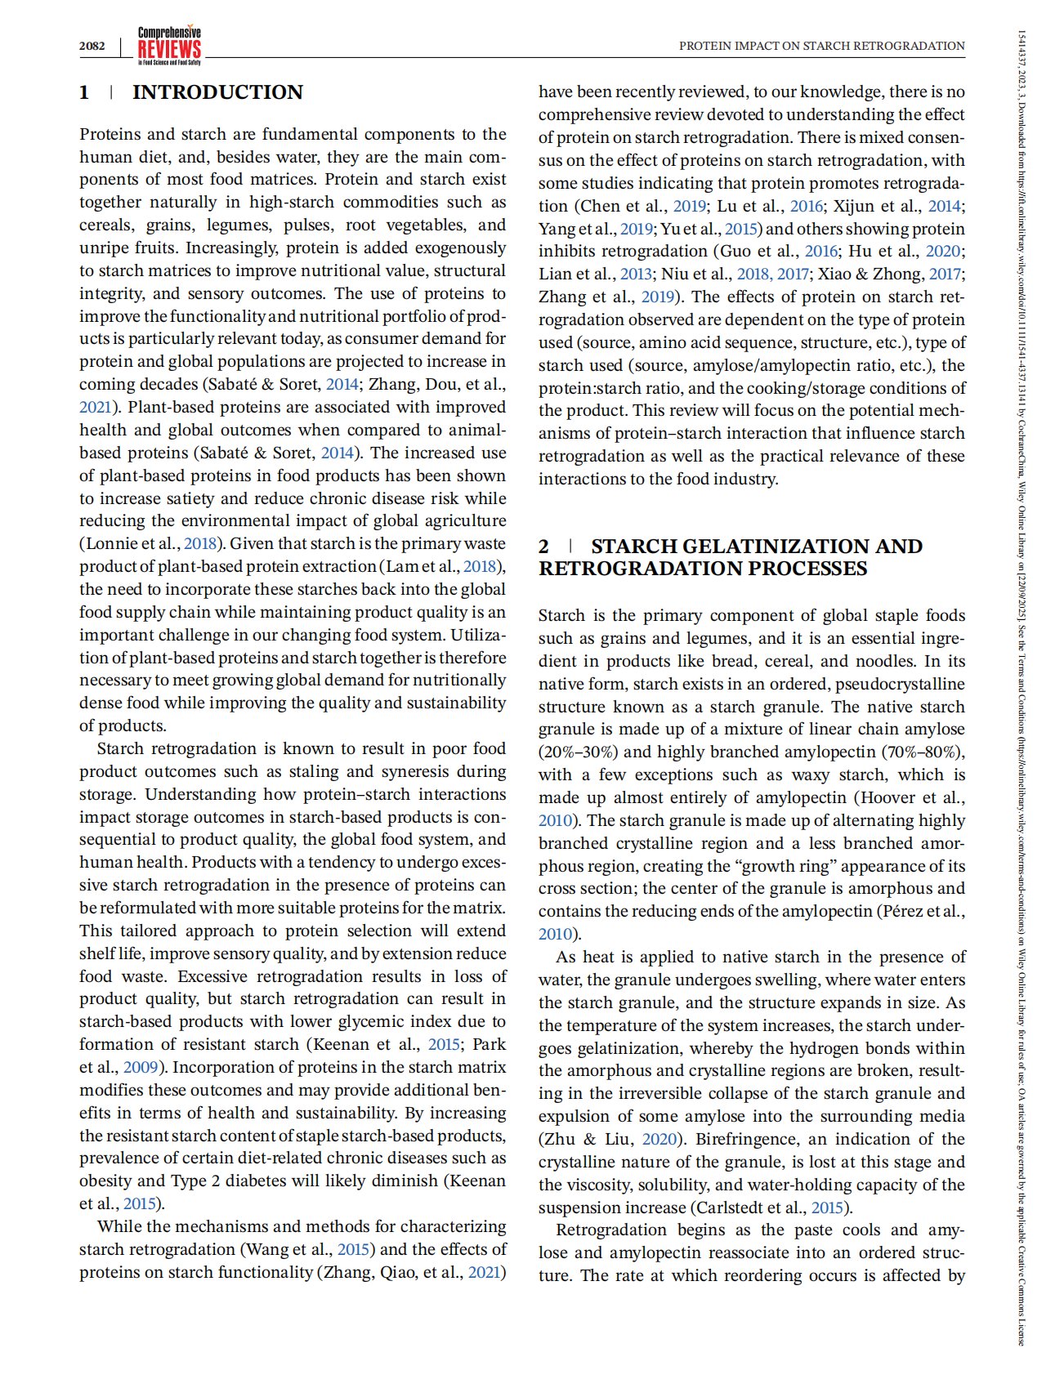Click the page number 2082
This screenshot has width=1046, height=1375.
click(92, 46)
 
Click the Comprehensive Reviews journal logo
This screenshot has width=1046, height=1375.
click(169, 46)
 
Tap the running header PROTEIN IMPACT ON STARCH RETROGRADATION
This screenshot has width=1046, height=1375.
click(821, 46)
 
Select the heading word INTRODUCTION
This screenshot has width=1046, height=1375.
click(217, 92)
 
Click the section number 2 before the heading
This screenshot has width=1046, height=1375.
click(543, 547)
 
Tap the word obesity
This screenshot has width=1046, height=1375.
click(106, 1181)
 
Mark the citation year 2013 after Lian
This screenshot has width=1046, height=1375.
click(637, 275)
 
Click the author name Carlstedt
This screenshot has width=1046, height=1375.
click(728, 1208)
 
